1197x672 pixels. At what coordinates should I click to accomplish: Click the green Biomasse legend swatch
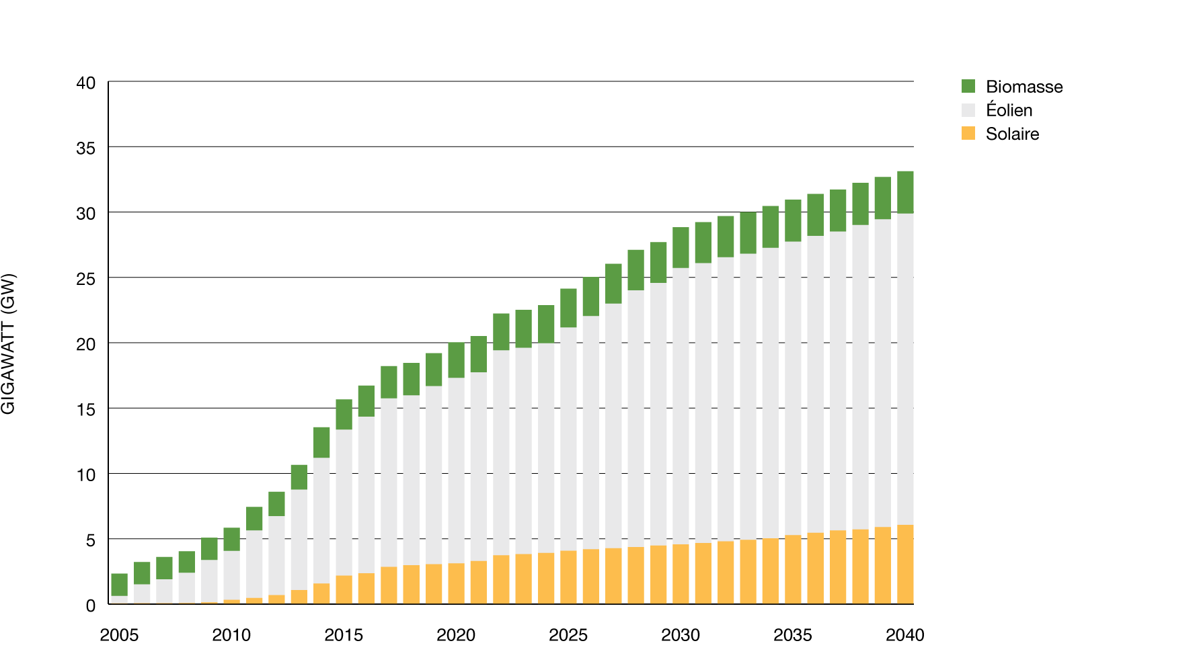968,86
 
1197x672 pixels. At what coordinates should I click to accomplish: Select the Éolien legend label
1009,110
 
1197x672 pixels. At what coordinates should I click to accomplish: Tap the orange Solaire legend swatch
968,133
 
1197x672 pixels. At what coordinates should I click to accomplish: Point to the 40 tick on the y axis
86,83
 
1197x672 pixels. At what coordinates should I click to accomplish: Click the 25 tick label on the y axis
86,279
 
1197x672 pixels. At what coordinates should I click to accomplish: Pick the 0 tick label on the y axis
91,605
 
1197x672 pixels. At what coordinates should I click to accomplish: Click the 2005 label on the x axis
119,635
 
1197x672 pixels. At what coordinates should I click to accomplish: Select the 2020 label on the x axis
456,635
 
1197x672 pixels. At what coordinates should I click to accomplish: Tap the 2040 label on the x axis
904,635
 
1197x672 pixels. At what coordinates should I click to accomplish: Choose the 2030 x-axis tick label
681,635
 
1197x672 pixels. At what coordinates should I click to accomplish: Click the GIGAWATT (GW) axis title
8,343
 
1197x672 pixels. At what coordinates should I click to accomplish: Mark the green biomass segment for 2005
120,585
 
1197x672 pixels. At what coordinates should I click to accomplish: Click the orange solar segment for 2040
905,564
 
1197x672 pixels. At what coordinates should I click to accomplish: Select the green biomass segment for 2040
905,192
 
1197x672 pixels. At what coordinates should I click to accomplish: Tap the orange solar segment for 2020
457,583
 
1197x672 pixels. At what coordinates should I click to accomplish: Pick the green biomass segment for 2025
569,308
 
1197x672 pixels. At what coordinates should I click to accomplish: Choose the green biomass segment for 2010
232,539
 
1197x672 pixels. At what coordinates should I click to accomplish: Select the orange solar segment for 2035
793,569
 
